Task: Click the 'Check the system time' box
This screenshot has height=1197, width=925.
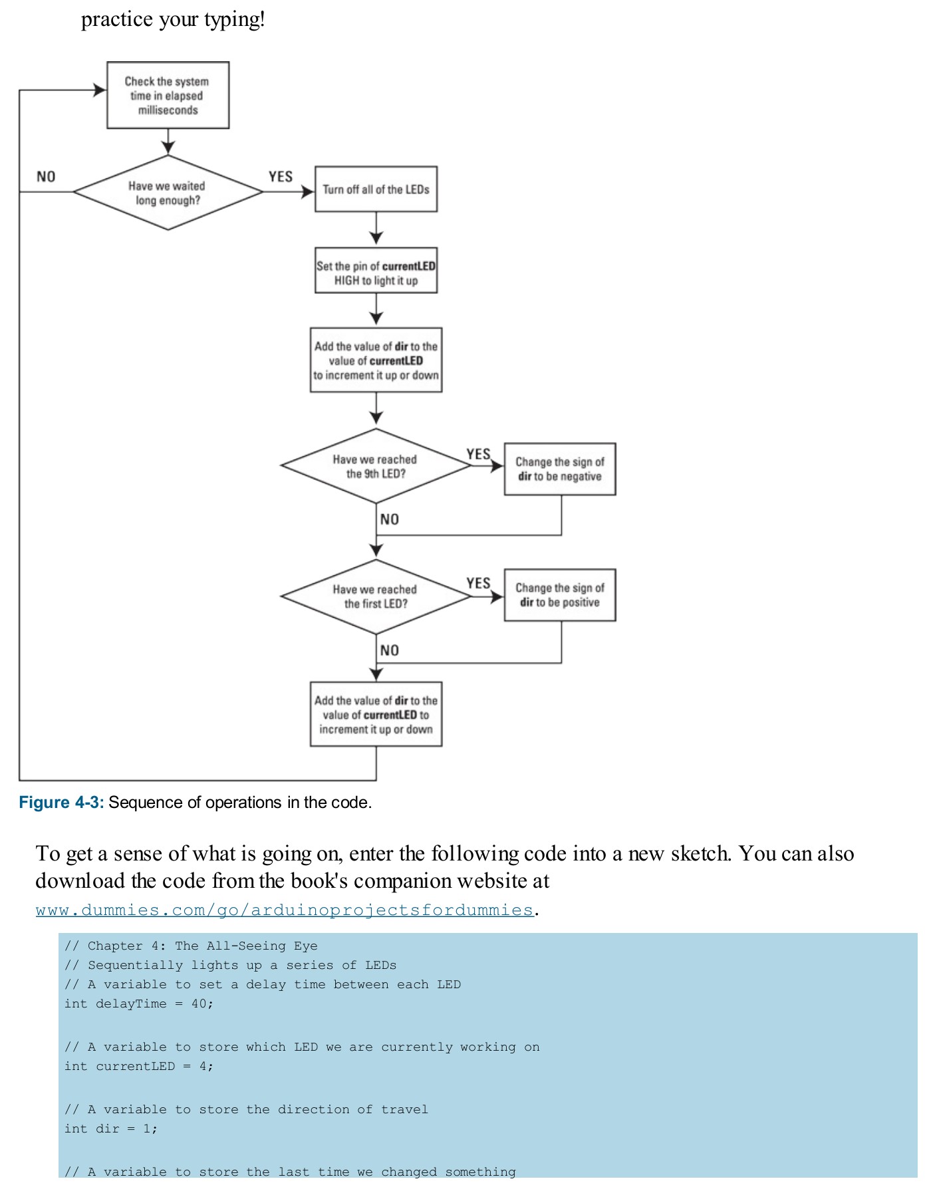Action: [168, 95]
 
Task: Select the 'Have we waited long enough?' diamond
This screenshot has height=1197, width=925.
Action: [168, 193]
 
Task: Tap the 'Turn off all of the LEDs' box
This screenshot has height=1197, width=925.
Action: [376, 190]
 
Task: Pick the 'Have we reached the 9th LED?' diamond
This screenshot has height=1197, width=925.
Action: [376, 466]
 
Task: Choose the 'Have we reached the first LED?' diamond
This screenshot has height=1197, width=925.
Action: [376, 597]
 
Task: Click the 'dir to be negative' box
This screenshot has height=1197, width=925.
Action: [560, 469]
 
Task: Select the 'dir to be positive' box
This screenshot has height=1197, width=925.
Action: [560, 595]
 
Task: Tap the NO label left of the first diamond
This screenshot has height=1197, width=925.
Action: [46, 177]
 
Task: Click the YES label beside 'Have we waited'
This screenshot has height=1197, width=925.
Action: [280, 177]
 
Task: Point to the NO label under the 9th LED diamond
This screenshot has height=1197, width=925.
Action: [390, 519]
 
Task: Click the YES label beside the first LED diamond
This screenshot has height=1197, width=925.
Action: [478, 583]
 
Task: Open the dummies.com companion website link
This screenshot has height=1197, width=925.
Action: [285, 910]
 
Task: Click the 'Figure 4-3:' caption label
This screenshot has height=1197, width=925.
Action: [61, 803]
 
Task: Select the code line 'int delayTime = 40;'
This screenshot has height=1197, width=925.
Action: [138, 1003]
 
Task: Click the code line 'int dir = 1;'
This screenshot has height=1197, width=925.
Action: [110, 1129]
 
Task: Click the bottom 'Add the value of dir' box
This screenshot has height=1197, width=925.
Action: [376, 715]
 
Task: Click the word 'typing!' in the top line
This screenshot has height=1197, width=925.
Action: [234, 19]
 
